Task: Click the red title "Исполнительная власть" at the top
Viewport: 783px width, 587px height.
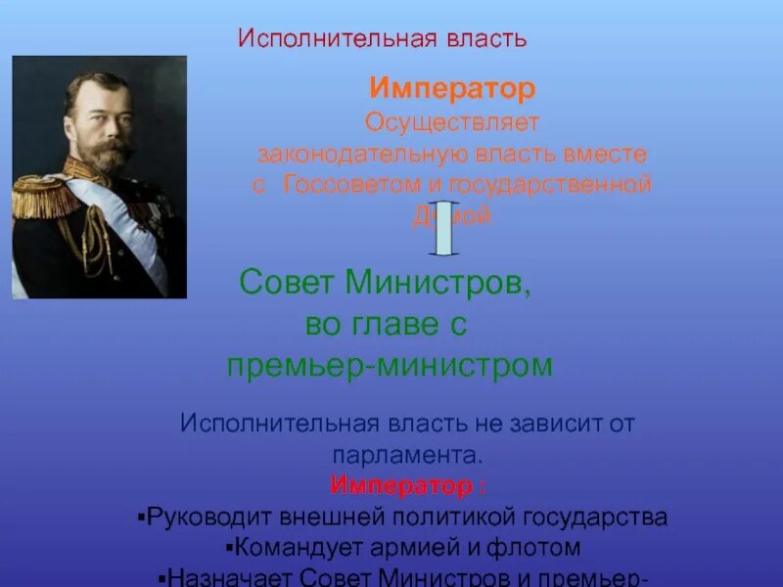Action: click(383, 39)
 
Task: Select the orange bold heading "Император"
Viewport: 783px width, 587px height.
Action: click(452, 90)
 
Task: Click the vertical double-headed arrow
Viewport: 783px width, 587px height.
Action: click(443, 227)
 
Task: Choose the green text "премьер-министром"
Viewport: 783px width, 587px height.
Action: click(391, 366)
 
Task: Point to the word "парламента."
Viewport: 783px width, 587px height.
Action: click(406, 455)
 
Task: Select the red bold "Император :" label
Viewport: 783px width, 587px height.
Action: click(406, 486)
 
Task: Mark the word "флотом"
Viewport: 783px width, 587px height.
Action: click(536, 548)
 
